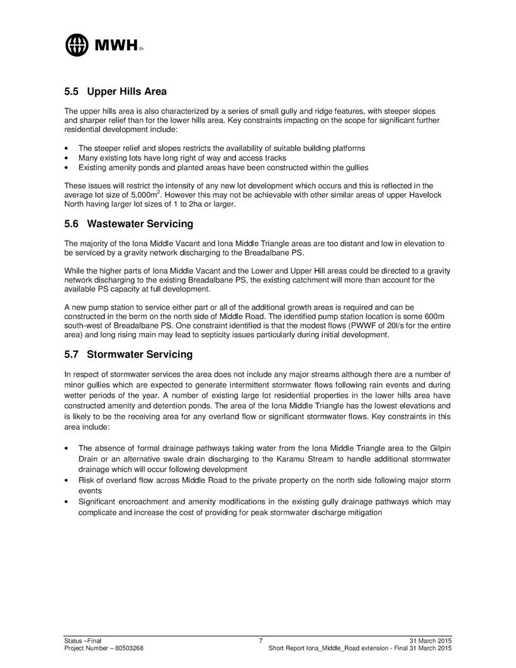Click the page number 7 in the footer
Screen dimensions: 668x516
(261, 640)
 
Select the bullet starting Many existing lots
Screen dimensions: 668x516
(182, 157)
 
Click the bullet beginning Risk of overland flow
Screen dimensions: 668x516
(264, 480)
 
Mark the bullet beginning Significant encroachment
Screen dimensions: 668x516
(264, 502)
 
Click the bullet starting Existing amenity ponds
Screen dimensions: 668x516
(223, 167)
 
